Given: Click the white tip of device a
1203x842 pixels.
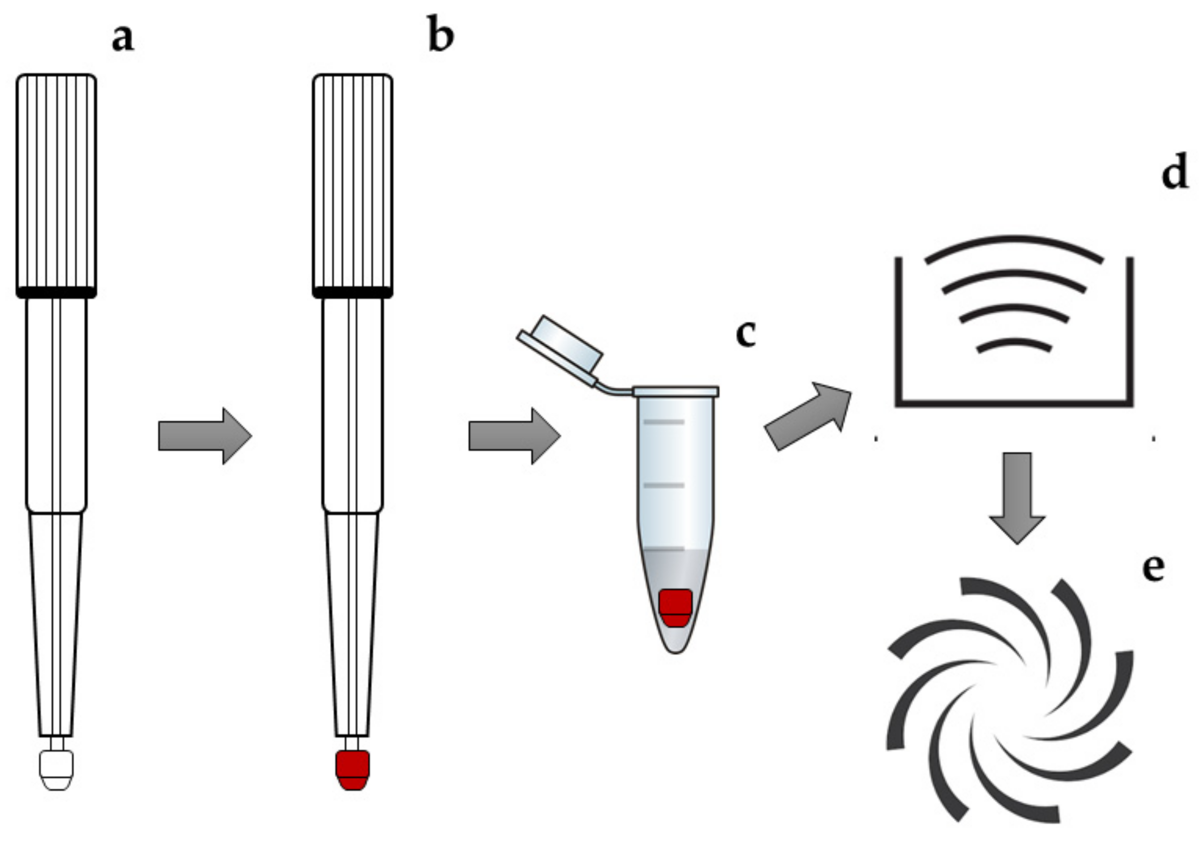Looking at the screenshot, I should point(57,770).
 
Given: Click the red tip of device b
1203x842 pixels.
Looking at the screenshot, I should point(353,770).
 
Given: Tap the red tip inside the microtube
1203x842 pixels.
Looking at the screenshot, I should point(675,608).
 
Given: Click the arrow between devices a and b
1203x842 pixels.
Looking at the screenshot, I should point(204,435).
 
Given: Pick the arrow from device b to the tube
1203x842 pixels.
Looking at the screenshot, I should point(514,436).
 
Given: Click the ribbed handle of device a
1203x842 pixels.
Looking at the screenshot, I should point(57,181).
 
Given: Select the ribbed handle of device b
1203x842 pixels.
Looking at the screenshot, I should point(353,181).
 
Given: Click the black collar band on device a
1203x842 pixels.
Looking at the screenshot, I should point(57,292).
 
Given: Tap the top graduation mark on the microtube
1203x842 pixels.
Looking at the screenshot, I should point(664,422).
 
